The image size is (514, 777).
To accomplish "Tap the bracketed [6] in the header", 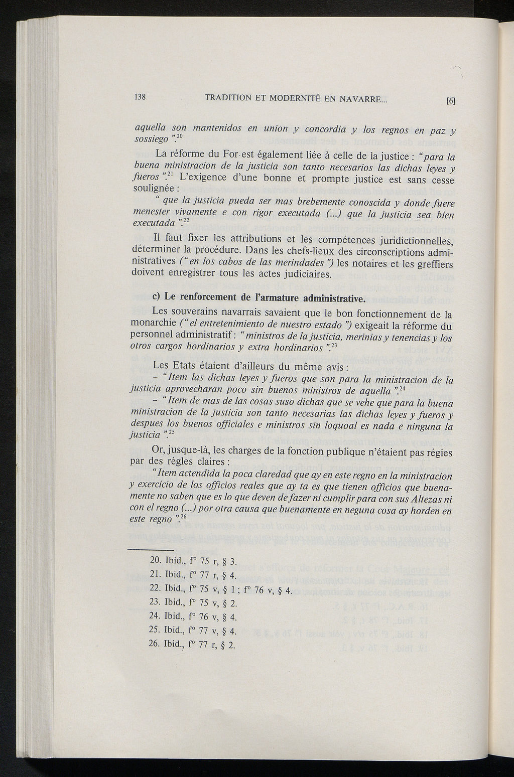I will click(450, 100).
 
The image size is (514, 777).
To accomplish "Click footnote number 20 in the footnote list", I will click(155, 560).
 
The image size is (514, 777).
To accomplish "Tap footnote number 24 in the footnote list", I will click(155, 616).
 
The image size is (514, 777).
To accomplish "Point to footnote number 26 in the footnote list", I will click(155, 644).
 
